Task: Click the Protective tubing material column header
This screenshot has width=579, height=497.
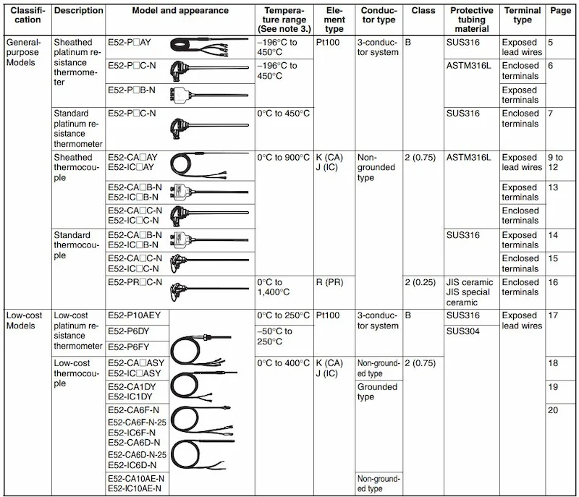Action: click(x=471, y=20)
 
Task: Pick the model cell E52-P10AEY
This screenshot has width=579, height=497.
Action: click(x=135, y=315)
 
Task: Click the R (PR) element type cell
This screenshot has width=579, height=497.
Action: click(x=330, y=282)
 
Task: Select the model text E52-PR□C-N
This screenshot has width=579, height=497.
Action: click(x=135, y=282)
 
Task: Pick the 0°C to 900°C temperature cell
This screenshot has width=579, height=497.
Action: click(x=283, y=158)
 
